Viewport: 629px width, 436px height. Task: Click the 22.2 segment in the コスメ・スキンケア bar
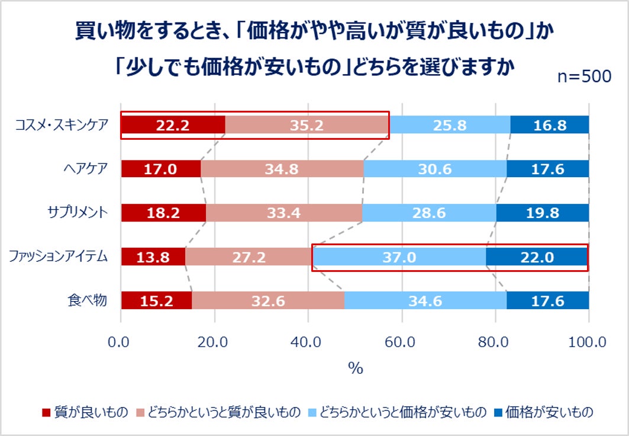click(173, 125)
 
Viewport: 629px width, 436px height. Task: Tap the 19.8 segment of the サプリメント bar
click(542, 213)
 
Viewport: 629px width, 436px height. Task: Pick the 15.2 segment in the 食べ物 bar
click(156, 301)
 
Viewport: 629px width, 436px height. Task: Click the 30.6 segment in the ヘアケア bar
click(435, 169)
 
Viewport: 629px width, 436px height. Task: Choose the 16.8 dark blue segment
click(550, 125)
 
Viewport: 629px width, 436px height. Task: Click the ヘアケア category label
click(87, 168)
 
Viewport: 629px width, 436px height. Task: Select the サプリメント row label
click(78, 212)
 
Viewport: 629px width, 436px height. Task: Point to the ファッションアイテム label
click(57, 257)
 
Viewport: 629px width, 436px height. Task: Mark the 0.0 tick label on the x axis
click(121, 342)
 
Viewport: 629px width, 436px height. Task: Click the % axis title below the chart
click(355, 368)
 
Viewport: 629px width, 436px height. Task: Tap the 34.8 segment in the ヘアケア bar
click(282, 169)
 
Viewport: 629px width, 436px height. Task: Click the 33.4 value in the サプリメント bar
click(284, 213)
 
